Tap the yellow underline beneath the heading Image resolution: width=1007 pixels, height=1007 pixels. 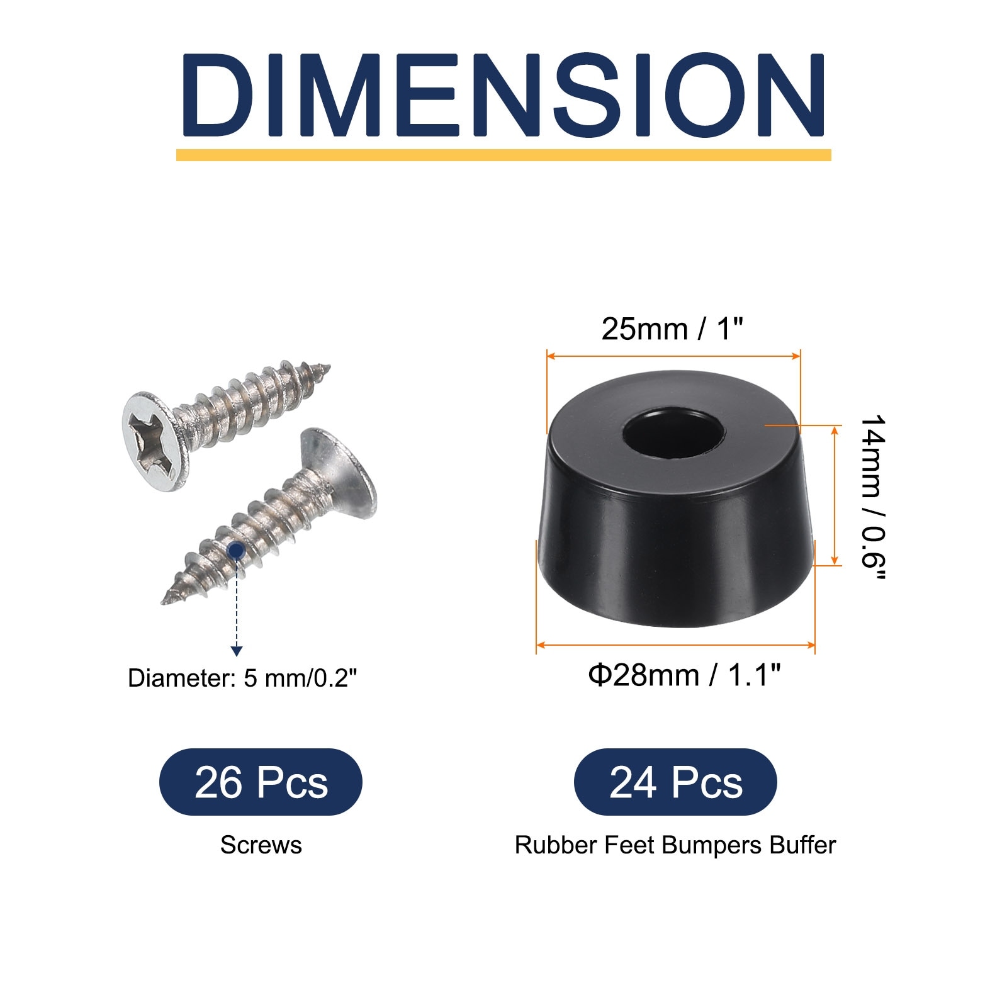pos(503,155)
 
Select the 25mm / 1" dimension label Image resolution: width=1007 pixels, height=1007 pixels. pos(672,329)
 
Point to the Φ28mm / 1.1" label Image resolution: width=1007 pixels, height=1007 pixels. pos(684,675)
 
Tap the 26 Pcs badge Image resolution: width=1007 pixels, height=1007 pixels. pos(261,782)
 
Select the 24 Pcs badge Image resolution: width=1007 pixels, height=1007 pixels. pos(675,782)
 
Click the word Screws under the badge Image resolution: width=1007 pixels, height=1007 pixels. pos(261,845)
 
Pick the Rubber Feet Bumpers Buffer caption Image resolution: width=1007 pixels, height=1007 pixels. pos(675,845)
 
